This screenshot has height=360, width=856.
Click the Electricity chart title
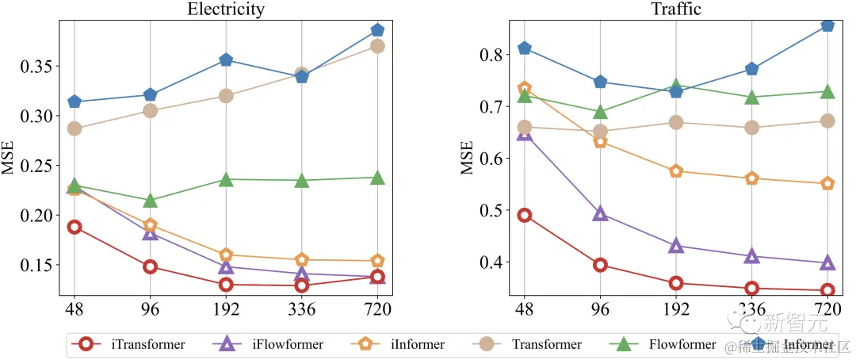coord(226,10)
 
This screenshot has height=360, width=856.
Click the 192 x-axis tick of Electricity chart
coord(226,308)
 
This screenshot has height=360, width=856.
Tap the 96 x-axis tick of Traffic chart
coord(600,308)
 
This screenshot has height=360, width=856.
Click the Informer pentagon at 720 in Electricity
coord(377,30)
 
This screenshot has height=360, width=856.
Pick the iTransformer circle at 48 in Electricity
coord(75,227)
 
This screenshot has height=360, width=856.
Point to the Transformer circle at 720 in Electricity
coord(377,46)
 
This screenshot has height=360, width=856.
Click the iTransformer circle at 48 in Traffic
coord(524,216)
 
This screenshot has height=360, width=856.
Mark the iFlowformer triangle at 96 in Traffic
coord(600,213)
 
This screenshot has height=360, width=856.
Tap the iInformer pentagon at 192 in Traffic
coord(676,171)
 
